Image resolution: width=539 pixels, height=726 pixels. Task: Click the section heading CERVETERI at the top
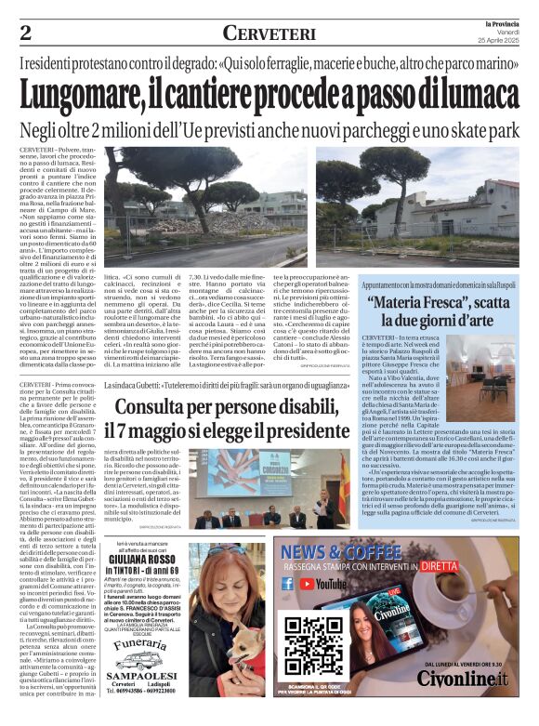point(269,33)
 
